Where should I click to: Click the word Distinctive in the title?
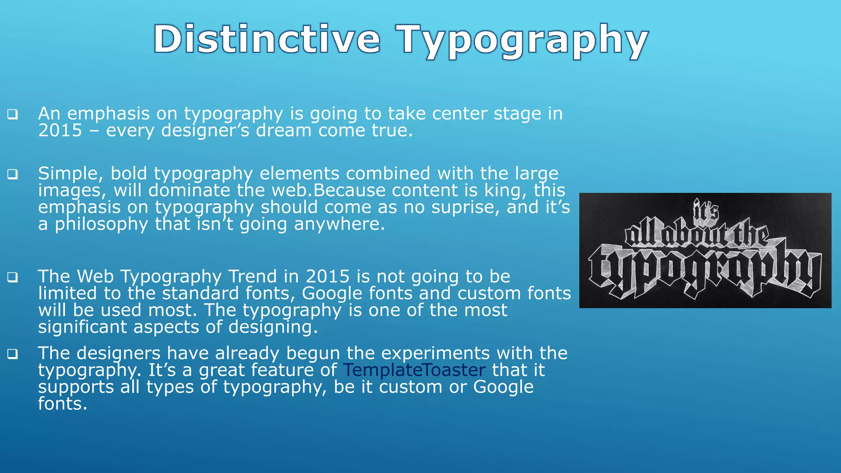[x=267, y=40]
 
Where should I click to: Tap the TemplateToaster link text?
[x=414, y=370]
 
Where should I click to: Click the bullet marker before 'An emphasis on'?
[x=12, y=114]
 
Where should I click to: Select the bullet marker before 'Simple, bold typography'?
[x=12, y=174]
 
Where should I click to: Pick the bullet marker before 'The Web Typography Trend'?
[x=12, y=277]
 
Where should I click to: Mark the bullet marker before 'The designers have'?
[x=12, y=354]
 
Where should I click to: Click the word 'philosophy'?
[x=101, y=225]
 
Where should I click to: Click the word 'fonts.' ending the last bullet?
[x=63, y=404]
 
